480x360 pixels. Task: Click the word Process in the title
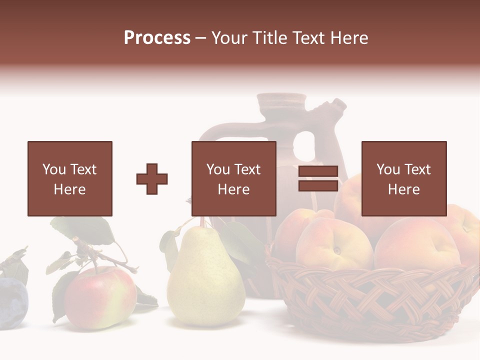pyautogui.click(x=157, y=38)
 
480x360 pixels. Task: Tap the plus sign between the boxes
pyautogui.click(x=152, y=178)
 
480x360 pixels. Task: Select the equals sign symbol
pyautogui.click(x=318, y=178)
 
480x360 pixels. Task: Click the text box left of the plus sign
pyautogui.click(x=69, y=178)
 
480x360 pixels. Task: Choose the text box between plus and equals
pyautogui.click(x=233, y=178)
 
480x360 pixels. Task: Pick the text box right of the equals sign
pyautogui.click(x=403, y=178)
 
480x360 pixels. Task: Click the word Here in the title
pyautogui.click(x=349, y=38)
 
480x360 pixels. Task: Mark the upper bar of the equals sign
pyautogui.click(x=318, y=171)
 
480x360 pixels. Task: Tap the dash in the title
pyautogui.click(x=201, y=38)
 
